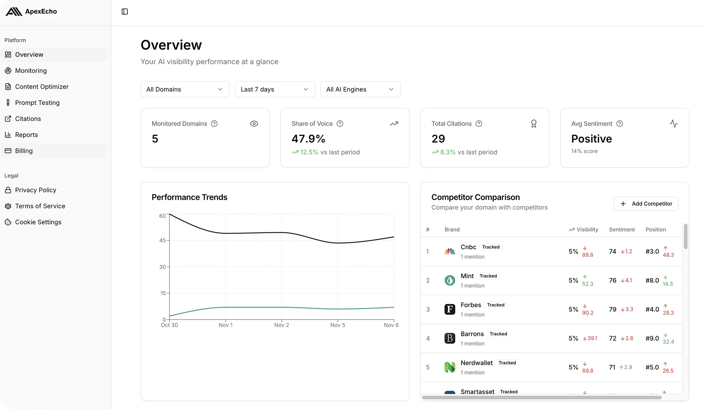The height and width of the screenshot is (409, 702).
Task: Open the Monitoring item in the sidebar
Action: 31,71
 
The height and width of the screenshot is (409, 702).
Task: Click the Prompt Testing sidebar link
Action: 37,103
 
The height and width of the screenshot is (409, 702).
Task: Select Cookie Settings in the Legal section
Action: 38,222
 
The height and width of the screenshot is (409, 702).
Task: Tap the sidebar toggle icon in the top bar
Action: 125,11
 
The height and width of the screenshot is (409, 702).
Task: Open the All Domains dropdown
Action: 185,89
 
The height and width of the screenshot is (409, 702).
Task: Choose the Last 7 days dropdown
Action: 275,89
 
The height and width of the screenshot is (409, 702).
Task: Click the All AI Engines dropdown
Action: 360,89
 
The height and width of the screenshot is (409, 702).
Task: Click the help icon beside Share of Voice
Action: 340,124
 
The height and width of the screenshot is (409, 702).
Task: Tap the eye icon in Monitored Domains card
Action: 254,124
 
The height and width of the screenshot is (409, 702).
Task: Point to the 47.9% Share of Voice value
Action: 308,139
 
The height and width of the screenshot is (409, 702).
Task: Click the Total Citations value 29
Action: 438,139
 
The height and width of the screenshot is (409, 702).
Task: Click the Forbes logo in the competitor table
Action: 450,309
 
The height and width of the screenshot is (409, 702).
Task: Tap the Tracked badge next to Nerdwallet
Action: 507,363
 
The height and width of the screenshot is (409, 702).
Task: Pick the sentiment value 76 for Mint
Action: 613,280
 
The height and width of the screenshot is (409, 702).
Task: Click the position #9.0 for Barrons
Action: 652,338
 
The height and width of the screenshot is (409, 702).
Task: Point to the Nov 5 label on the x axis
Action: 338,325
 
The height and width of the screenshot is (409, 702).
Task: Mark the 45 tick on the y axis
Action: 163,240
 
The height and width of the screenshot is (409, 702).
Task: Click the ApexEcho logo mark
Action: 14,11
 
